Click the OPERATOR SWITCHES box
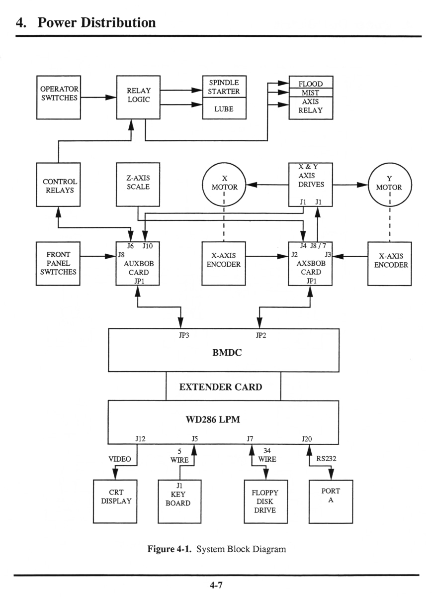coord(59,98)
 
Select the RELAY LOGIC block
coord(138,98)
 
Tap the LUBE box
coord(224,108)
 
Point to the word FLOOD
coord(311,84)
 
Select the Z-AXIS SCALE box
coord(138,184)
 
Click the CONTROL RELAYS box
coord(59,185)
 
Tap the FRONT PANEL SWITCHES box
coord(59,263)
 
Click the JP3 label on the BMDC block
coord(183,335)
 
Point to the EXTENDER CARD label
coord(221,387)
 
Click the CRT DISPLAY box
coord(116,501)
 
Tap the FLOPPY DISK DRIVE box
coord(265,501)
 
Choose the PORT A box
coord(331,501)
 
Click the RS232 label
coord(326,459)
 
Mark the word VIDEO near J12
coord(120,459)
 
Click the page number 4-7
coord(216,586)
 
